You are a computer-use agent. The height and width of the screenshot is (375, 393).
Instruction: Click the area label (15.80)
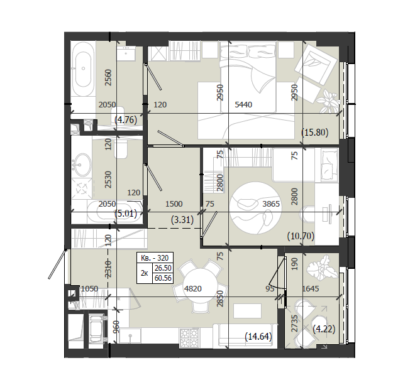point(315,132)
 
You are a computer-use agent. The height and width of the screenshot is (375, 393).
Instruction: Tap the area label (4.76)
point(126,120)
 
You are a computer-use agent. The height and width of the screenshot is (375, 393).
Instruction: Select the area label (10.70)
point(301,236)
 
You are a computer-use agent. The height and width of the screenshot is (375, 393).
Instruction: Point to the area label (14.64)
point(258,336)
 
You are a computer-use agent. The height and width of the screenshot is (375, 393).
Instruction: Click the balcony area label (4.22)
point(324,329)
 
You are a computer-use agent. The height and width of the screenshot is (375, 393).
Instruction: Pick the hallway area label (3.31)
point(182,220)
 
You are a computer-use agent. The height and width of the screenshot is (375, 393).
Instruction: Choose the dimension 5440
point(243,104)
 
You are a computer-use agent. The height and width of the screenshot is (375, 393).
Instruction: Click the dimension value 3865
point(271,204)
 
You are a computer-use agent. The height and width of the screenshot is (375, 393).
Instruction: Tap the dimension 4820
point(193,289)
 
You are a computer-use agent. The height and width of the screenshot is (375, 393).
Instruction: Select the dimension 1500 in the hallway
point(174,204)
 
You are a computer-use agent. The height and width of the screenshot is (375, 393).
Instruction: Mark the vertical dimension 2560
point(108,78)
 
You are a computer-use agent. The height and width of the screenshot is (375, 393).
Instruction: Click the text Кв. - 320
point(155,258)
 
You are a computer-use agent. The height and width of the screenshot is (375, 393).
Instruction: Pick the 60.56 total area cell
point(163,278)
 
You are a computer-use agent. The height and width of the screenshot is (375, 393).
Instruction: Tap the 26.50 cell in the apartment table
point(163,268)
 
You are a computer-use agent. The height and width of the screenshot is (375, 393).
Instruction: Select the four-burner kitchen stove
point(190,337)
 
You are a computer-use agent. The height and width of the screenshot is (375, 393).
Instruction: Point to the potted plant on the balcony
point(322,267)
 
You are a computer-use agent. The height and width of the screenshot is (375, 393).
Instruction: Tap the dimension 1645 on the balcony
point(311,289)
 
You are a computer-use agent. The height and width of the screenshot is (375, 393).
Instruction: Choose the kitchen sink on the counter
point(130,335)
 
